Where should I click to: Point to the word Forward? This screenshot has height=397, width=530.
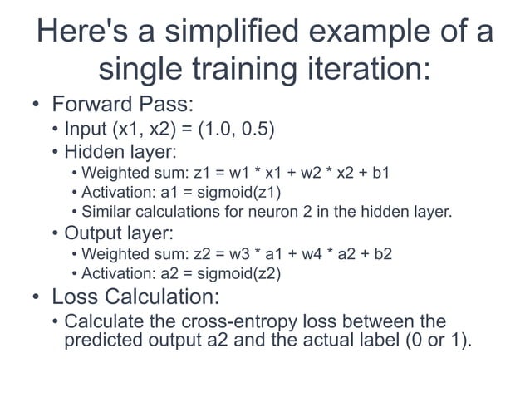click(88, 107)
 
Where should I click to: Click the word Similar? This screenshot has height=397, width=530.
click(105, 212)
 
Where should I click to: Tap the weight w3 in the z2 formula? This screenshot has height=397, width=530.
click(242, 254)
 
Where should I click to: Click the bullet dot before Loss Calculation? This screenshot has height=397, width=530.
click(34, 297)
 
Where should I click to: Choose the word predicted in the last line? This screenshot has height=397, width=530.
click(99, 340)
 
